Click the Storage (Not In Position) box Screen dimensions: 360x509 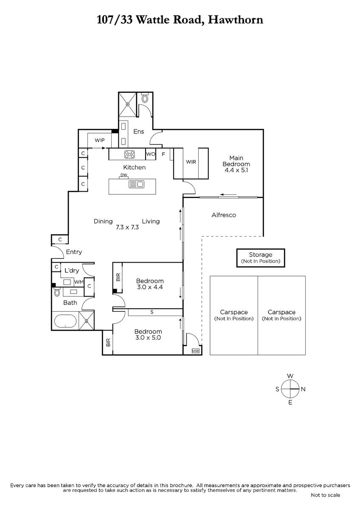tap(261, 258)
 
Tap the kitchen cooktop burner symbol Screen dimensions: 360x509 tap(129, 154)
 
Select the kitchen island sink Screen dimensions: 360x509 tap(136, 184)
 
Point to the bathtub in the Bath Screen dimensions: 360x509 tap(65, 321)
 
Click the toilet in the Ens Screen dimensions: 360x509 tap(145, 98)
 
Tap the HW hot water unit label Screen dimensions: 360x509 tap(196, 351)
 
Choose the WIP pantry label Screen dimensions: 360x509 tap(100, 140)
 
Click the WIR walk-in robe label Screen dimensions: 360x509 tap(191, 162)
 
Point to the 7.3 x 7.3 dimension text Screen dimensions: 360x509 tap(127, 227)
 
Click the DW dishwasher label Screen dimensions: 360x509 tap(124, 175)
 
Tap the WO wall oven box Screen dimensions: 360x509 tap(151, 154)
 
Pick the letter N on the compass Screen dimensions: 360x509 tap(303, 389)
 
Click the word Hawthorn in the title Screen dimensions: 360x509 tap(236, 20)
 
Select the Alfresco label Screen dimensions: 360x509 tap(224, 215)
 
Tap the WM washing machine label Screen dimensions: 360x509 tap(79, 282)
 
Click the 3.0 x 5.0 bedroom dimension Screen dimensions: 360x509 tap(148, 338)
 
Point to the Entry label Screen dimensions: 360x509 tap(74, 252)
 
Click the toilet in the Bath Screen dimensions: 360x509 tap(56, 292)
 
